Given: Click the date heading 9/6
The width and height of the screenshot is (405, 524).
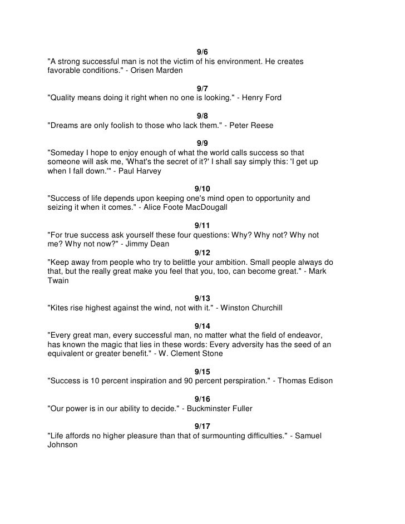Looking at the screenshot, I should click(202, 52).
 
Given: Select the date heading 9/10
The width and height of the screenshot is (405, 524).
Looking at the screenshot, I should click(202, 189).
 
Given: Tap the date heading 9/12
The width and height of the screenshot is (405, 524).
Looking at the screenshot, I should click(202, 253).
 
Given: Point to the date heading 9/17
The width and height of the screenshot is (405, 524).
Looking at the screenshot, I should click(202, 426).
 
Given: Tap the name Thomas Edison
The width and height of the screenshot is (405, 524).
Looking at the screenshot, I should click(306, 380).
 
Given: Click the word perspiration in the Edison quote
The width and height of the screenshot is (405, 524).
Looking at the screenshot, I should click(240, 380).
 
